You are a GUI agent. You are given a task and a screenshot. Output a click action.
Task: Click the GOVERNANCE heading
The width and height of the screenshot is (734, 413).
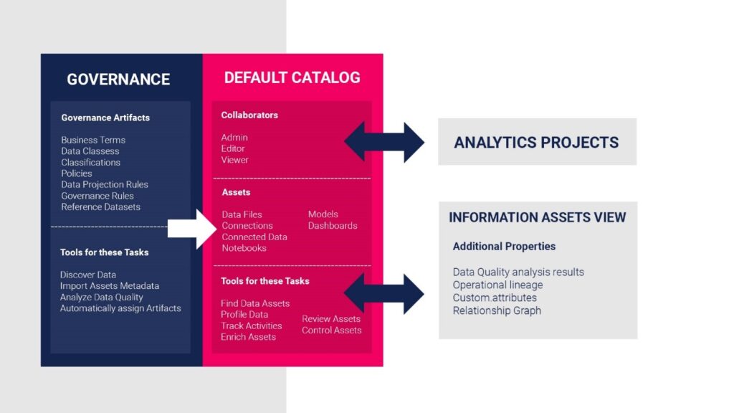(118, 79)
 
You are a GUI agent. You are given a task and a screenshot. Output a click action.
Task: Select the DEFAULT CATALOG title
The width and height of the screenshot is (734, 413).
(292, 77)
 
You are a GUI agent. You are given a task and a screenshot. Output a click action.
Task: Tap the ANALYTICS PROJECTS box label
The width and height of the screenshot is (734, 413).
(536, 143)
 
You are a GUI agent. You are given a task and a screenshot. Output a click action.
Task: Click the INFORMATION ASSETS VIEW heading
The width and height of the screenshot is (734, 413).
(538, 217)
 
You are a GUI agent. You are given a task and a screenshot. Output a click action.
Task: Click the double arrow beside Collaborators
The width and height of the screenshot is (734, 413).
(384, 142)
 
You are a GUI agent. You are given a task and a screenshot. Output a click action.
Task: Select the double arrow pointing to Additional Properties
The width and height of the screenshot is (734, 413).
(384, 293)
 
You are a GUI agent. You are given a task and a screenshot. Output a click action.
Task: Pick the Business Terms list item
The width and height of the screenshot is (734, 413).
(93, 140)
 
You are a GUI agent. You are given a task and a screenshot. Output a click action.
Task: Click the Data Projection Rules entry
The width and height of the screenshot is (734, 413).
(105, 184)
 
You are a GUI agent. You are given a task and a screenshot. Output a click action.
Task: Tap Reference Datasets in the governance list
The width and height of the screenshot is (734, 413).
(100, 207)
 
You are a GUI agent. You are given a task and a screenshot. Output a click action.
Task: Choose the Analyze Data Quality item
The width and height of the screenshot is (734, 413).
(102, 298)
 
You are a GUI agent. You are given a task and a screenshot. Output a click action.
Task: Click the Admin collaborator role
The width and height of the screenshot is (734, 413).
(234, 138)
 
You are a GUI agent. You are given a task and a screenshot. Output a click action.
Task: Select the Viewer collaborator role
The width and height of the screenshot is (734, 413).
(234, 160)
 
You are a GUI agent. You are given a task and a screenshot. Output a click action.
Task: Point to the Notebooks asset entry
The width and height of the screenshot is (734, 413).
(244, 248)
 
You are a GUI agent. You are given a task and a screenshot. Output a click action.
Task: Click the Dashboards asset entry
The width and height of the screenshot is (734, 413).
(333, 226)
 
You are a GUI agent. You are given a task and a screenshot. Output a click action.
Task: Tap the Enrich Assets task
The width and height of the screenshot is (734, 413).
(248, 337)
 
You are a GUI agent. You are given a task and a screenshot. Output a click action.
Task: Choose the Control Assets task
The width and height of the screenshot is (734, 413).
(331, 330)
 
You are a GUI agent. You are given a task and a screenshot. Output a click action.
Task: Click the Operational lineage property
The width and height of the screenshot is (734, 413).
(497, 285)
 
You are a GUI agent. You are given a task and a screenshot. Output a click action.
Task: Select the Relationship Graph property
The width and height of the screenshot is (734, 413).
(497, 311)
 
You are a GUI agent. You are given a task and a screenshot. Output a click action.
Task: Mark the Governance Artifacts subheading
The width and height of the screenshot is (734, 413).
(105, 118)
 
